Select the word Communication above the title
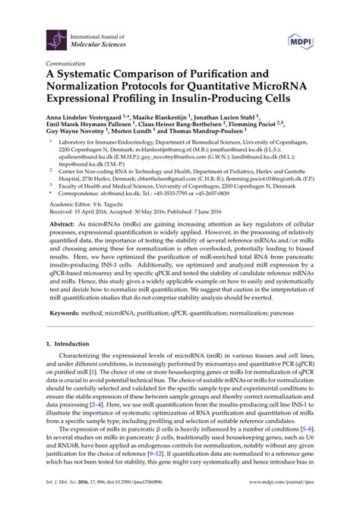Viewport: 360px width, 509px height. pyautogui.click(x=67, y=65)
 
